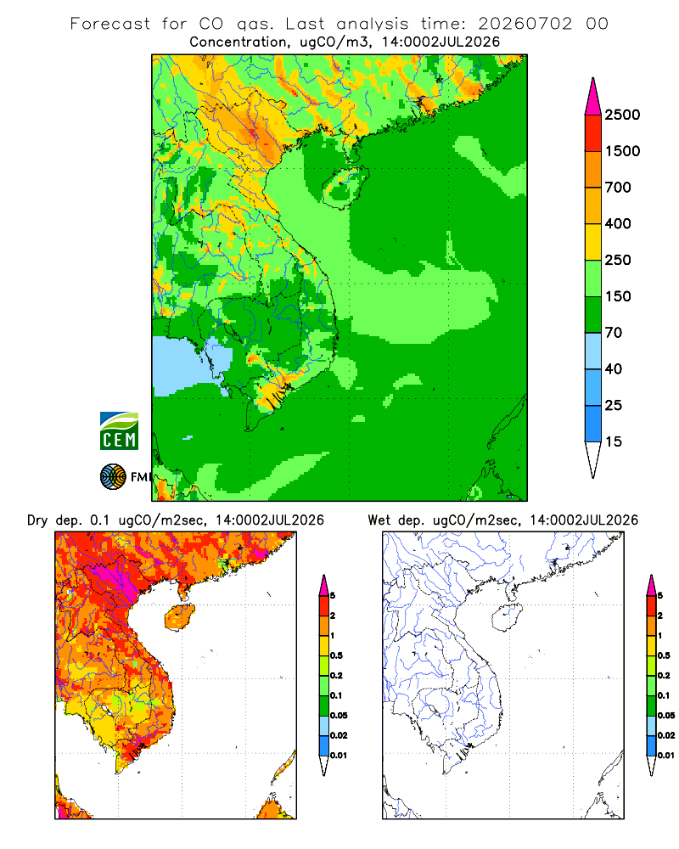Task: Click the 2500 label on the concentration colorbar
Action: pyautogui.click(x=622, y=115)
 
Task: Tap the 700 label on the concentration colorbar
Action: pyautogui.click(x=618, y=188)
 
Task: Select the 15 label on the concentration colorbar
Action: pyautogui.click(x=614, y=441)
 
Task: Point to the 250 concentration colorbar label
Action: pyautogui.click(x=618, y=260)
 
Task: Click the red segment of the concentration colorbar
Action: pyautogui.click(x=593, y=133)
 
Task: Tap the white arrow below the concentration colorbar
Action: pyautogui.click(x=593, y=459)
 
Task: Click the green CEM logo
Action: pyautogui.click(x=119, y=431)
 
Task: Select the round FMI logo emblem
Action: pyautogui.click(x=113, y=477)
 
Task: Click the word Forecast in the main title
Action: pyautogui.click(x=110, y=24)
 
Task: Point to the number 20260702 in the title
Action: pyautogui.click(x=525, y=24)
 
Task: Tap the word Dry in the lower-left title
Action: pyautogui.click(x=38, y=520)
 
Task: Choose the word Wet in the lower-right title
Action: pyautogui.click(x=379, y=520)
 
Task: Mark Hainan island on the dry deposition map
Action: pyautogui.click(x=180, y=617)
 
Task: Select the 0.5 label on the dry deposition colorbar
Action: pyautogui.click(x=336, y=655)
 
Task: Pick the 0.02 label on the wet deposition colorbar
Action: pyautogui.click(x=666, y=735)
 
